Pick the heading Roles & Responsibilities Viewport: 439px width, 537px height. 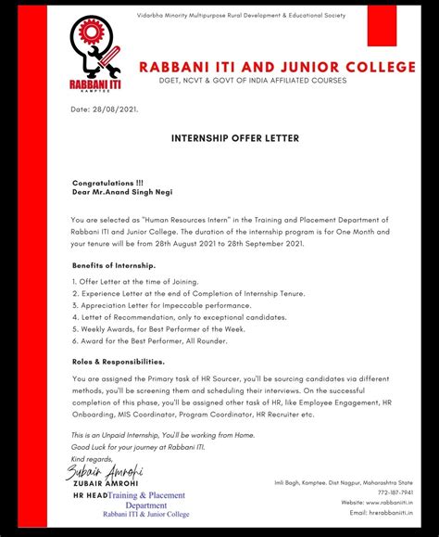118,362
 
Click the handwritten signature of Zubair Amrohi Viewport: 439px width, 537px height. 103,470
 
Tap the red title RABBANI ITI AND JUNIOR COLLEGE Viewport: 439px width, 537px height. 277,67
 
